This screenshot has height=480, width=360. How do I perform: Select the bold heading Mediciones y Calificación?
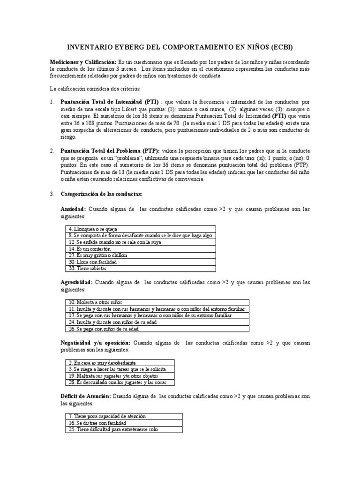pyautogui.click(x=83, y=62)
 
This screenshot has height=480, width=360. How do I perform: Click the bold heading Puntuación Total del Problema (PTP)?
pyautogui.click(x=110, y=150)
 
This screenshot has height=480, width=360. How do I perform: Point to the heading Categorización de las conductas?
pyautogui.click(x=101, y=194)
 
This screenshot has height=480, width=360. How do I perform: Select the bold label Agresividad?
pyautogui.click(x=77, y=283)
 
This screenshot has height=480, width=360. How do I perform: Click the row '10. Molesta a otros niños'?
pyautogui.click(x=157, y=303)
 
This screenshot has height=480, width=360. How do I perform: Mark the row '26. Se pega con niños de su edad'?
pyautogui.click(x=157, y=329)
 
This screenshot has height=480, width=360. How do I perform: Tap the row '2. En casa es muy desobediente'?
pyautogui.click(x=119, y=363)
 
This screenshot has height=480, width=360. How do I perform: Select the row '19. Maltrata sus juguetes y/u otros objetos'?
pyautogui.click(x=119, y=376)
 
